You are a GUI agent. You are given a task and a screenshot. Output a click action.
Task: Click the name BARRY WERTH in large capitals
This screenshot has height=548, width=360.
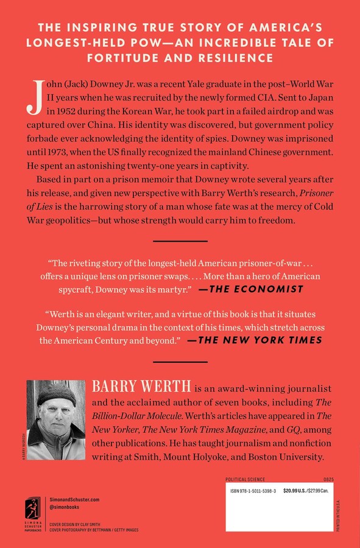point(130,387)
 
